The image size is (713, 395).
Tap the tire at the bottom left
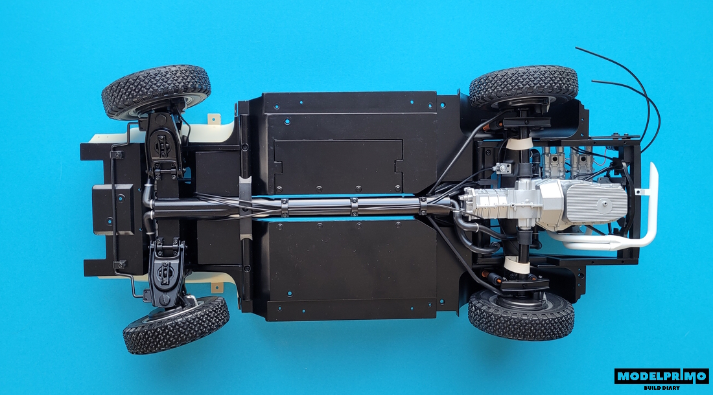pos(176,325)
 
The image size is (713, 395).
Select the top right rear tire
pos(523,85)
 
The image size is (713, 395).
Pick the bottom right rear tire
pos(520,315)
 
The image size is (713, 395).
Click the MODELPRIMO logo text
pos(661,376)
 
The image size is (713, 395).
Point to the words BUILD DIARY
pos(662,388)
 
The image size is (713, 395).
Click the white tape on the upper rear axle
pos(520,144)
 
